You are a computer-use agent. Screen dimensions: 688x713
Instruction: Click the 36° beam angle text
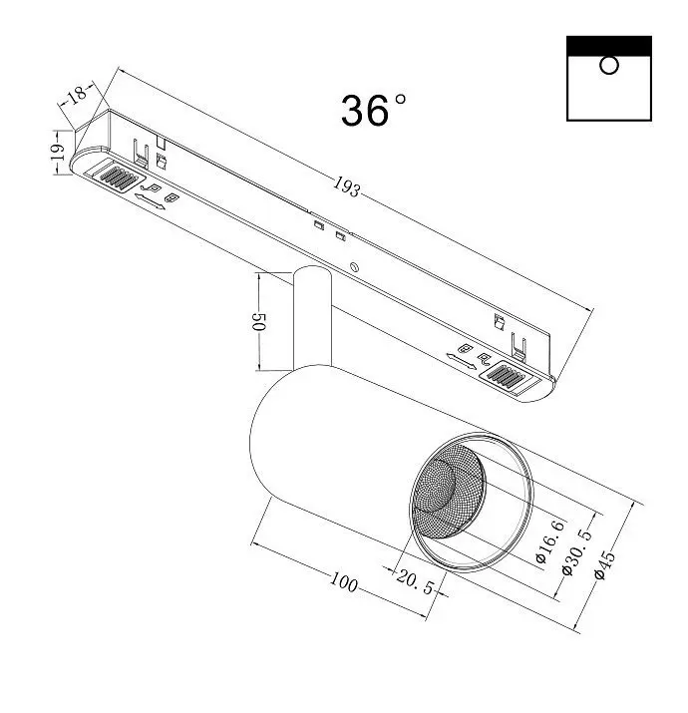(373, 110)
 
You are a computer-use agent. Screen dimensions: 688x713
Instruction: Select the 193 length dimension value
(347, 186)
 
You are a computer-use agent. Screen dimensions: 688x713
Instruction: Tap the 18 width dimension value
(77, 95)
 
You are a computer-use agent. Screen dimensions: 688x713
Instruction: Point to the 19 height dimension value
(57, 152)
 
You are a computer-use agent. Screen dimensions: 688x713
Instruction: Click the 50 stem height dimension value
(258, 321)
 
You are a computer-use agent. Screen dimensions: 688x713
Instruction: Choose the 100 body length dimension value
(343, 582)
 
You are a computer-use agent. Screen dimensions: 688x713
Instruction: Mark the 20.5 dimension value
(415, 582)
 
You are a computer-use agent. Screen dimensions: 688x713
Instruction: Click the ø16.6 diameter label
(550, 541)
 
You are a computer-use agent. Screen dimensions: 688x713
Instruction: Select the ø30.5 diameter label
(577, 552)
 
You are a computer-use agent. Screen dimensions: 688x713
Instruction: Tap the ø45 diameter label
(605, 564)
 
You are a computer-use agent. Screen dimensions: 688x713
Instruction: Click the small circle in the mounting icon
(608, 65)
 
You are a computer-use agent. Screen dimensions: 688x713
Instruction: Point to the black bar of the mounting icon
(609, 46)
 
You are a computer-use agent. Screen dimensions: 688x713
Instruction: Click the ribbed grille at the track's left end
(118, 178)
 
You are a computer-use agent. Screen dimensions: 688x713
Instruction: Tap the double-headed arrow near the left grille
(150, 201)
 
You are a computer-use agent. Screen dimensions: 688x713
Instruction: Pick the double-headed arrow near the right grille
(461, 361)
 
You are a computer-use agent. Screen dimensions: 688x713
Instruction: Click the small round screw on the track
(354, 267)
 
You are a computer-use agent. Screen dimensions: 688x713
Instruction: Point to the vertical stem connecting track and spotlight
(312, 318)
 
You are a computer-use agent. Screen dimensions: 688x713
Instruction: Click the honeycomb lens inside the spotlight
(447, 491)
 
